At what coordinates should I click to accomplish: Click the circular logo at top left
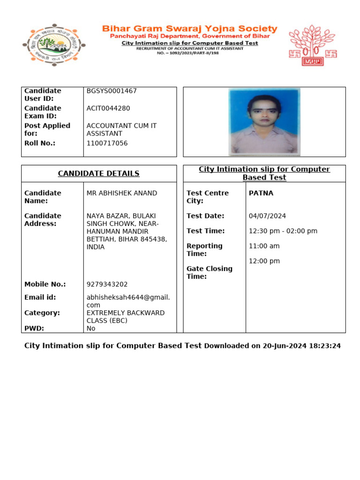click(x=53, y=45)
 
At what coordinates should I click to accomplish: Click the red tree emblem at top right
click(x=312, y=45)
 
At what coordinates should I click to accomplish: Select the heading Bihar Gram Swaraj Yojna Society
click(x=189, y=29)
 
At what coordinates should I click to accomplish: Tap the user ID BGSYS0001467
click(x=112, y=91)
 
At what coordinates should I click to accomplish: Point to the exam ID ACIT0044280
click(x=108, y=108)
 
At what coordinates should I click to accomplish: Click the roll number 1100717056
click(x=107, y=143)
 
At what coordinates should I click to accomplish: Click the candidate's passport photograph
click(x=264, y=122)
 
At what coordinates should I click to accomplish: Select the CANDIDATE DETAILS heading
click(x=98, y=173)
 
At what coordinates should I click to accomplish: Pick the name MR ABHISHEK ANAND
click(x=122, y=193)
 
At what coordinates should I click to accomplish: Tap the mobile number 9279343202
click(x=107, y=285)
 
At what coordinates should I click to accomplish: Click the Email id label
click(x=40, y=297)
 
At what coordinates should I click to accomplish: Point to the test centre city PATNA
click(x=261, y=193)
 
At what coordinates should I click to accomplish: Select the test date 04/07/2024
click(x=267, y=216)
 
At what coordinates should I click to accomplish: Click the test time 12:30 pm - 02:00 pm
click(x=283, y=231)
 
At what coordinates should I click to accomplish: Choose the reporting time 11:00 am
click(x=264, y=246)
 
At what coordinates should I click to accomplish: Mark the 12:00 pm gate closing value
click(x=264, y=261)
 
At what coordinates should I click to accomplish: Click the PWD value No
click(x=91, y=329)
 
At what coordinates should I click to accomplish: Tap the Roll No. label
click(x=40, y=143)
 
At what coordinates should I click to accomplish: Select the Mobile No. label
click(x=45, y=285)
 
